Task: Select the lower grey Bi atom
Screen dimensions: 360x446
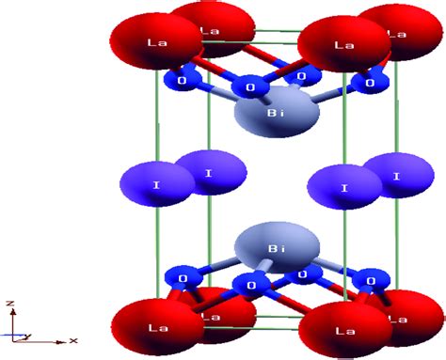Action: [x=276, y=249]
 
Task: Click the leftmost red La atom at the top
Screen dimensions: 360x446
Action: [x=156, y=42]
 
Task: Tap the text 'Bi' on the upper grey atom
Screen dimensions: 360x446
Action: [x=276, y=113]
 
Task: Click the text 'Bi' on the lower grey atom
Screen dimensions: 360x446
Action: [x=276, y=248]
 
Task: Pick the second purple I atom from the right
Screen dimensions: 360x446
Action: [x=344, y=186]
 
